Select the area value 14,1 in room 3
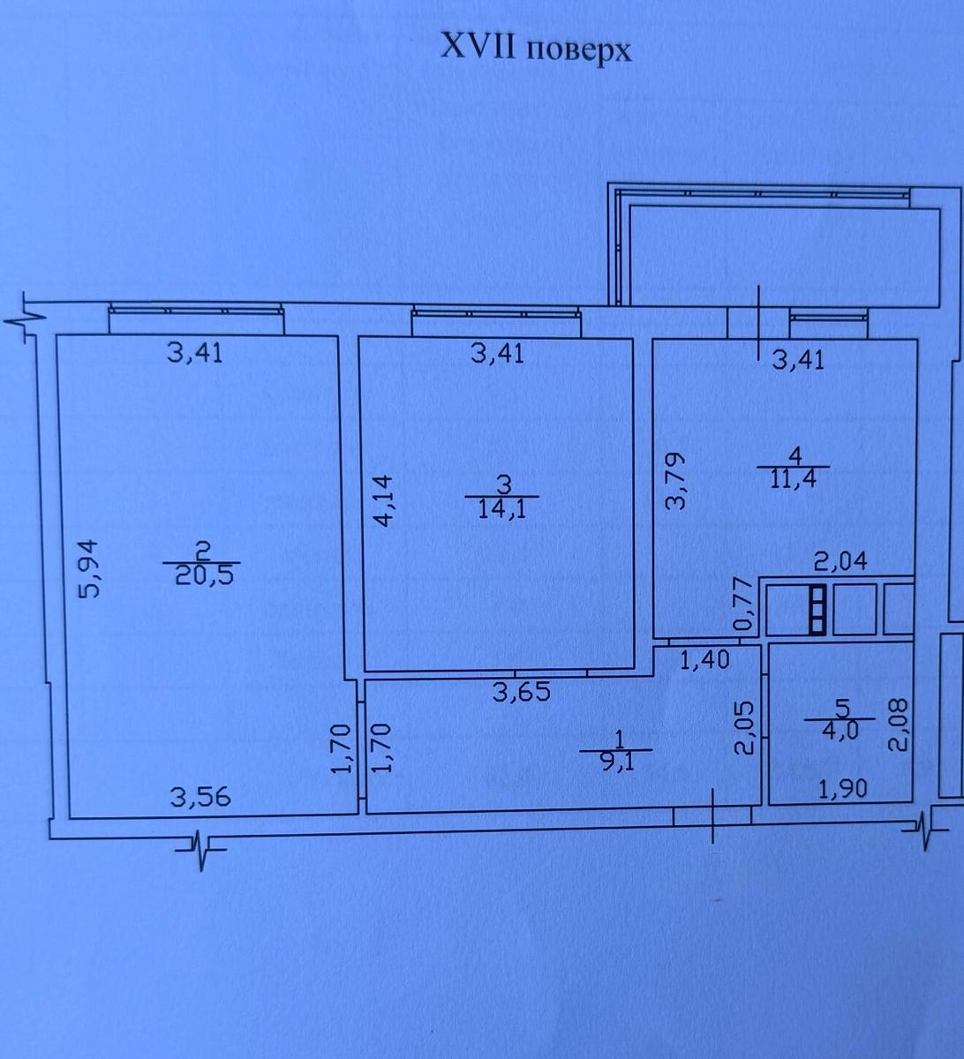pyautogui.click(x=502, y=509)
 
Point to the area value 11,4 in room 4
pyautogui.click(x=794, y=480)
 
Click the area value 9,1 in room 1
pyautogui.click(x=616, y=762)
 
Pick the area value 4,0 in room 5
pyautogui.click(x=840, y=731)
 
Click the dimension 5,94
pyautogui.click(x=87, y=567)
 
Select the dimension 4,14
pyautogui.click(x=384, y=500)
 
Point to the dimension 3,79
pyautogui.click(x=675, y=480)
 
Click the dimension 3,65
pyautogui.click(x=522, y=691)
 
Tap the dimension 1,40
pyautogui.click(x=704, y=659)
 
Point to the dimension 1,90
pyautogui.click(x=843, y=788)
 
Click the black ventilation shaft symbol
pyautogui.click(x=817, y=610)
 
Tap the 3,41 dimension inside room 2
pyautogui.click(x=195, y=353)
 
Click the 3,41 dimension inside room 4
pyautogui.click(x=798, y=361)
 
